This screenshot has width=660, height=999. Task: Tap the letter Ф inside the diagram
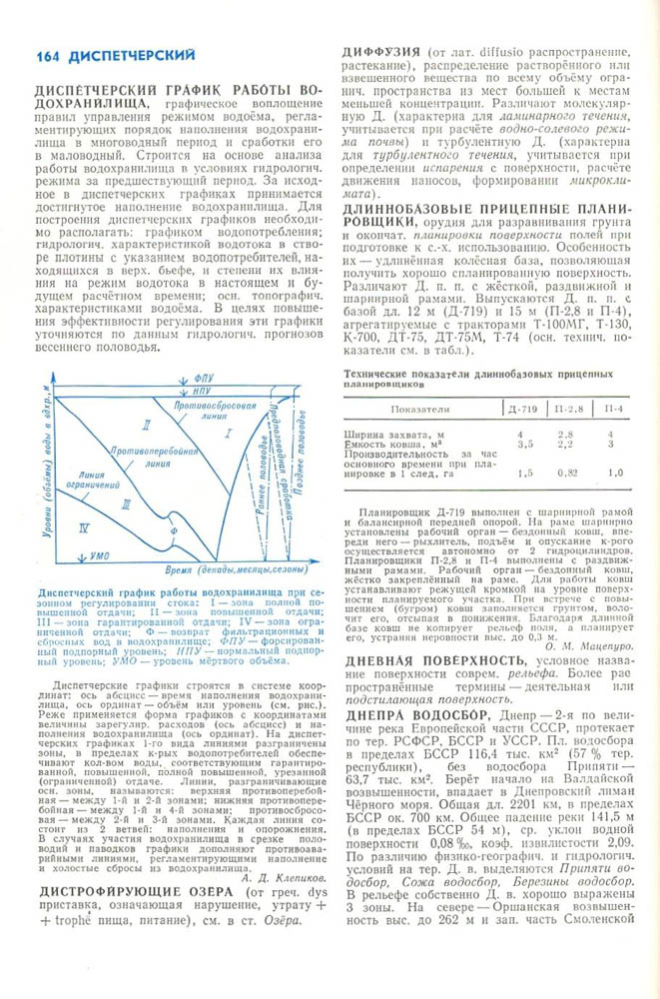coord(177,530)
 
